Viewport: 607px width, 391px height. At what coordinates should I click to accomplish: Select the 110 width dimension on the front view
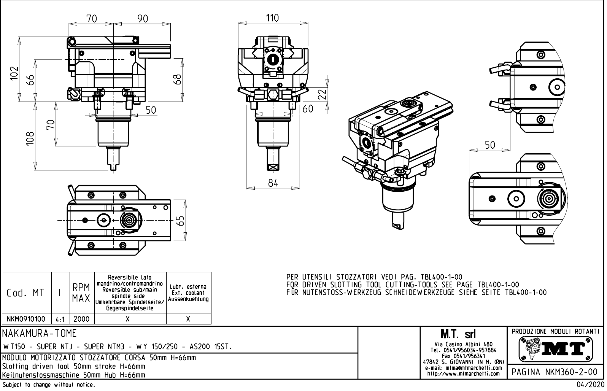click(272, 18)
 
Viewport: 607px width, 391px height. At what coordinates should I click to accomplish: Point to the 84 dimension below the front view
click(273, 183)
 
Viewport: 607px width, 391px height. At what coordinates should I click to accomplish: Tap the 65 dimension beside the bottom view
click(181, 220)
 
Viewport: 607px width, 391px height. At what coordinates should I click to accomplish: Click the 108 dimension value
click(30, 138)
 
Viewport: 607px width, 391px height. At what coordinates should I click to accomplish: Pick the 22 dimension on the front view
click(323, 94)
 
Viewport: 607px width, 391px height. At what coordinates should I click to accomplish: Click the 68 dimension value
click(176, 79)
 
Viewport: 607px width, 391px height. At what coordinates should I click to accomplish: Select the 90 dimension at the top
click(143, 19)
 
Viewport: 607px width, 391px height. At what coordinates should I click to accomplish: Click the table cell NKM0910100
click(26, 319)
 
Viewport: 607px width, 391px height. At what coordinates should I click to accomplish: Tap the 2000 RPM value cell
click(82, 319)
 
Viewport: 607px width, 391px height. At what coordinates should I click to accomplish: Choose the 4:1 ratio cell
click(60, 319)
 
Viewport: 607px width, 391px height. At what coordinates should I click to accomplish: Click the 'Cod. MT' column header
click(26, 293)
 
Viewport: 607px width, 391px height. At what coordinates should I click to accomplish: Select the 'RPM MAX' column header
click(81, 293)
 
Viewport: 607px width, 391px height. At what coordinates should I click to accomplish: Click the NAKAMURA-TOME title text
click(40, 334)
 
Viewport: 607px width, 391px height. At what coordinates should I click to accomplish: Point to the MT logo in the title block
click(556, 348)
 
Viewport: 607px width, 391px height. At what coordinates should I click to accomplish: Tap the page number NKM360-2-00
click(556, 372)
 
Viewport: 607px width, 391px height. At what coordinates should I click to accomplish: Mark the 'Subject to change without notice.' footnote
click(48, 385)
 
